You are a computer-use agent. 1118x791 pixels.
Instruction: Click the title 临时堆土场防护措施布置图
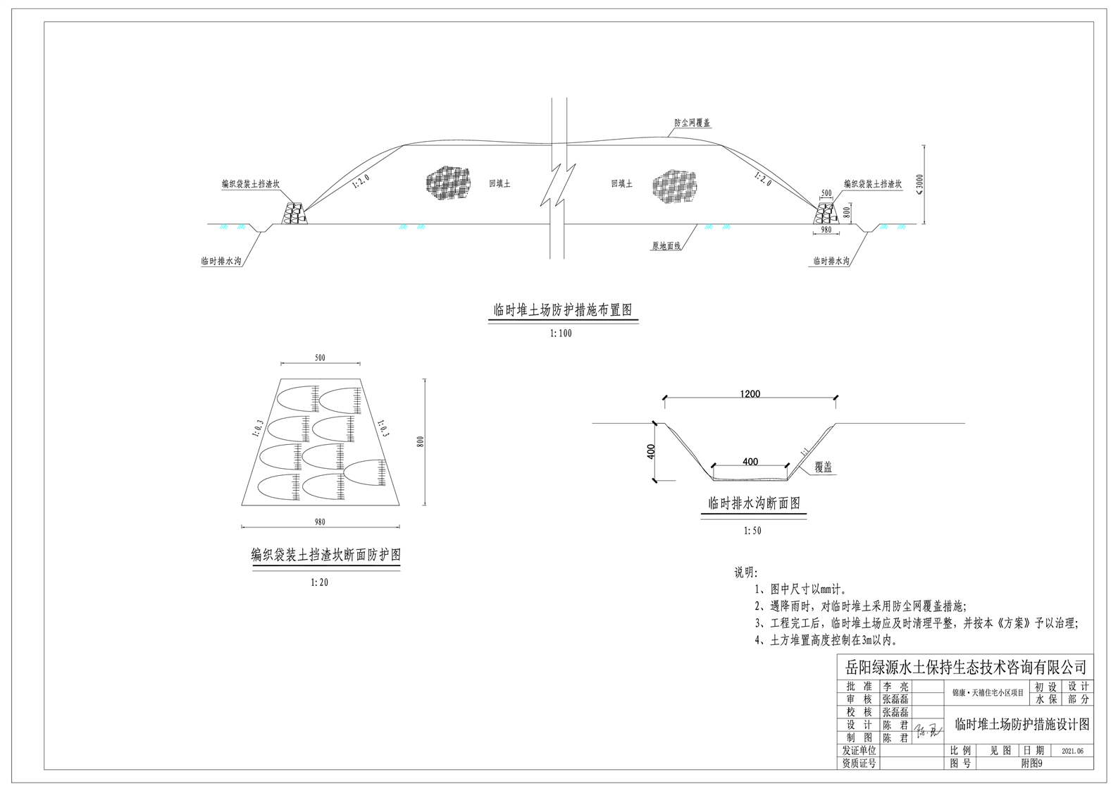pyautogui.click(x=562, y=310)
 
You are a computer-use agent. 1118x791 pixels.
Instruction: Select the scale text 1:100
pyautogui.click(x=561, y=333)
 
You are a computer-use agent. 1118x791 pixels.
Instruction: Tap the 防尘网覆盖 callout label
pyautogui.click(x=692, y=123)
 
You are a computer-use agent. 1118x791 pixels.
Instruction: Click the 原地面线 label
pyautogui.click(x=666, y=246)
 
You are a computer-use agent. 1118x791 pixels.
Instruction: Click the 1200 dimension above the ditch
pyautogui.click(x=750, y=394)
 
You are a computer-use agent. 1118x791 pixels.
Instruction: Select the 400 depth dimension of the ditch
pyautogui.click(x=651, y=451)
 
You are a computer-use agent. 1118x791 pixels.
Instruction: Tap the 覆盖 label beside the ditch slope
pyautogui.click(x=823, y=467)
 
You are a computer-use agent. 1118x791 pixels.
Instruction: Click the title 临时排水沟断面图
pyautogui.click(x=754, y=503)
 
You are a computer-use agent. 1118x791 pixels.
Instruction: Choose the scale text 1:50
pyautogui.click(x=752, y=531)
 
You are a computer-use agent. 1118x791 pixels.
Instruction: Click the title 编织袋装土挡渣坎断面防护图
pyautogui.click(x=326, y=555)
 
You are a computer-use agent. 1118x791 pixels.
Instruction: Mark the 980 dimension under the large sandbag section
pyautogui.click(x=320, y=522)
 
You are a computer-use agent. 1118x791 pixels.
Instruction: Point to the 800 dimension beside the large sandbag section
pyautogui.click(x=421, y=441)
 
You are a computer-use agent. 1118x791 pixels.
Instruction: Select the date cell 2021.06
pyautogui.click(x=1072, y=752)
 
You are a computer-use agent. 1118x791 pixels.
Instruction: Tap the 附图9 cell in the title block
pyautogui.click(x=1031, y=764)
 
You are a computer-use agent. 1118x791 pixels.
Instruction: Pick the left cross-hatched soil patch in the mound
pyautogui.click(x=448, y=181)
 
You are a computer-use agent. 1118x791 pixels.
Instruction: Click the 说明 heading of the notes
pyautogui.click(x=745, y=572)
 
